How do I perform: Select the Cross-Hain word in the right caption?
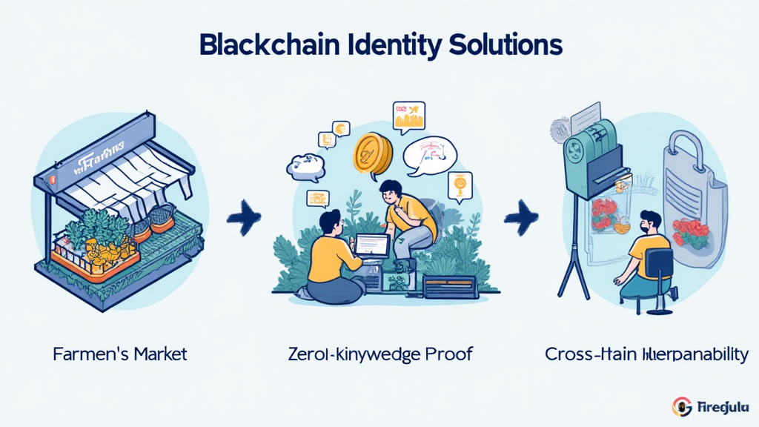click(x=588, y=354)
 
